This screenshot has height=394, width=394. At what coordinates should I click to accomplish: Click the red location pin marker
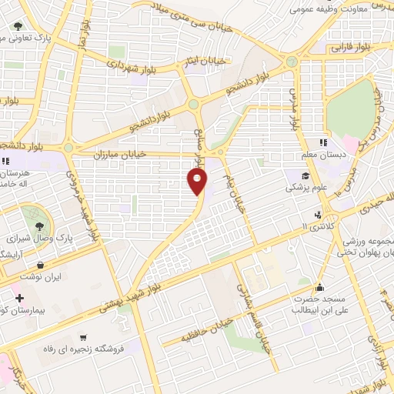[x=197, y=182]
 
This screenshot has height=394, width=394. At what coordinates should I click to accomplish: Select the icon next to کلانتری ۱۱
[x=317, y=215]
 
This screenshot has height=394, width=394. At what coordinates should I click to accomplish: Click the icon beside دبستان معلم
[x=324, y=142]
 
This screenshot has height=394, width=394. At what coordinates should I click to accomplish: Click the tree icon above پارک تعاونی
[x=18, y=26]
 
